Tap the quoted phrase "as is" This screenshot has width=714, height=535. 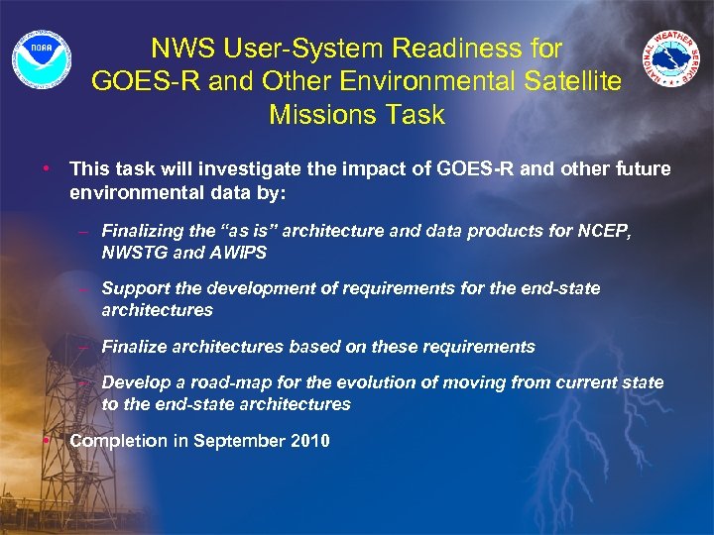point(245,231)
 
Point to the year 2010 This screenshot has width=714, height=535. point(309,441)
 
